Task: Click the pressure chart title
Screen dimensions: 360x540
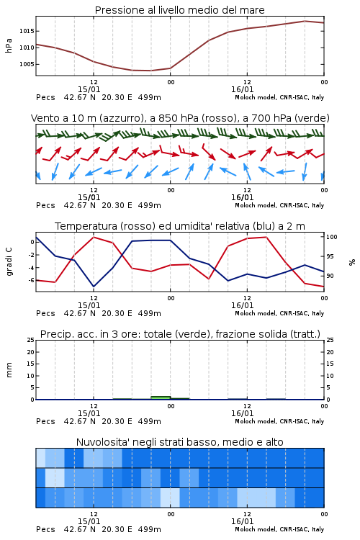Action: tap(179, 10)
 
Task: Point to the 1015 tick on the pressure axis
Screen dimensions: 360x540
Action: tap(27, 31)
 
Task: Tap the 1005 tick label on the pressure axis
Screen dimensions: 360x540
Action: tap(27, 64)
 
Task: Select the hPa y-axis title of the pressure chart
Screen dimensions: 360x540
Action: tap(9, 45)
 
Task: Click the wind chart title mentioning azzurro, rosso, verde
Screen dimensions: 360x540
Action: tap(180, 118)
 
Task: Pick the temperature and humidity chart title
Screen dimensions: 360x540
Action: tap(180, 226)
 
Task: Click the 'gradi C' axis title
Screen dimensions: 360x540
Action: tap(9, 262)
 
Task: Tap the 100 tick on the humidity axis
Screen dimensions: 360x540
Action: tap(332, 237)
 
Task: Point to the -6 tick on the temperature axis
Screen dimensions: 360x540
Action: tap(32, 281)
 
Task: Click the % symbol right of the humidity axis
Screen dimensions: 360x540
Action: tap(352, 262)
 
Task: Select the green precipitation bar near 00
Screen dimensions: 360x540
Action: tap(161, 397)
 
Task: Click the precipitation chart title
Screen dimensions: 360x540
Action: tap(180, 334)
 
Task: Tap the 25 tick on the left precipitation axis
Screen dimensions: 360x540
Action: tap(31, 340)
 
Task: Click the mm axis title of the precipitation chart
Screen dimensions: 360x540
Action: tap(9, 370)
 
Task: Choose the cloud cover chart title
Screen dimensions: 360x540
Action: tap(179, 442)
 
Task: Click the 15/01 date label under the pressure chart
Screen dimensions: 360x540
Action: tap(89, 89)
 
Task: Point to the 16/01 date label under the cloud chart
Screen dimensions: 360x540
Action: tap(242, 521)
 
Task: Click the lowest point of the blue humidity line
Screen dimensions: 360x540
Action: tap(94, 287)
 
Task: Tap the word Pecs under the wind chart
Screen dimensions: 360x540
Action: tap(45, 205)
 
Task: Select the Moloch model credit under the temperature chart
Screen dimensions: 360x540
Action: tap(279, 313)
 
